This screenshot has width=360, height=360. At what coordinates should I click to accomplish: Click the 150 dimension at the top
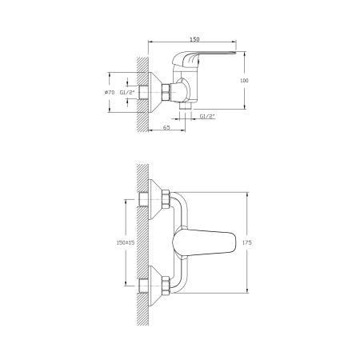tap(194, 39)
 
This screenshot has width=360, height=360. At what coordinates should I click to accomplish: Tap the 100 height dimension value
tap(244, 80)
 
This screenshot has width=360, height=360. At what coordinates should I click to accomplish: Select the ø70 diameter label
tap(110, 92)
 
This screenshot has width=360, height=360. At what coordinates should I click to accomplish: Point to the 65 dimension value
tap(166, 127)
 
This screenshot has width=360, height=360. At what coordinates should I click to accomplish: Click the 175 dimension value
tap(247, 242)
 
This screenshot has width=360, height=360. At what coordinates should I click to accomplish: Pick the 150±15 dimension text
tap(126, 242)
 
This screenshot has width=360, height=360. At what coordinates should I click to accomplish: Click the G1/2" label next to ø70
tap(127, 92)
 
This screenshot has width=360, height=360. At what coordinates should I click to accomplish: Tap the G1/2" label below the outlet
tap(207, 116)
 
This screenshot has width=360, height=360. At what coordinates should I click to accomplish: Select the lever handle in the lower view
tap(204, 242)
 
